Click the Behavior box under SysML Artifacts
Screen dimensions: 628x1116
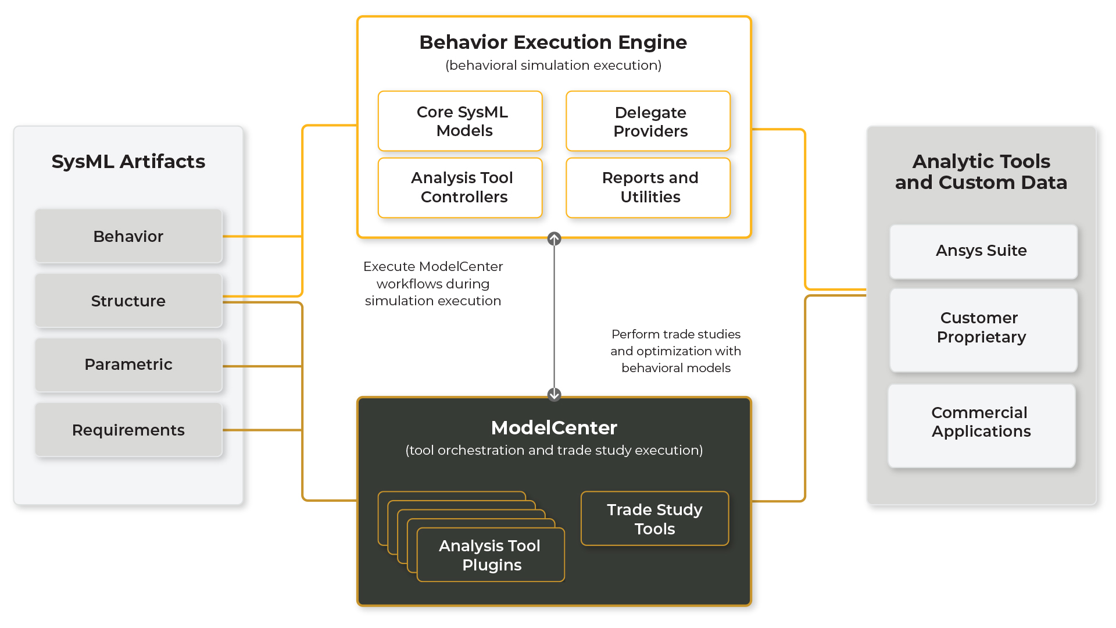pos(128,236)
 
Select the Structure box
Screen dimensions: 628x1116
pos(128,301)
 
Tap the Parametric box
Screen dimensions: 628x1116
pos(128,365)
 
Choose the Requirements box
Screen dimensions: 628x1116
pos(128,430)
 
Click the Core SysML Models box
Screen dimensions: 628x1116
pos(460,121)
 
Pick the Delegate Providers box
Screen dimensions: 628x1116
pos(648,121)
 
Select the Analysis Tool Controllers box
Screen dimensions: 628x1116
pos(460,187)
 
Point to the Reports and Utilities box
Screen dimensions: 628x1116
pos(648,187)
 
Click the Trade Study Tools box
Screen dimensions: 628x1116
pos(654,519)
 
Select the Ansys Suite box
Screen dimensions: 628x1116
pos(983,251)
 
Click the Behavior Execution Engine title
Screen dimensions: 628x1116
pos(553,42)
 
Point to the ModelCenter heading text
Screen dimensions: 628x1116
pos(554,428)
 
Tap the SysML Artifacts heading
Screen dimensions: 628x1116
pos(128,162)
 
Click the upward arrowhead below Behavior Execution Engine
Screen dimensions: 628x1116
pos(554,239)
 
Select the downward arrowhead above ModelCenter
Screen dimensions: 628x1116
pos(554,394)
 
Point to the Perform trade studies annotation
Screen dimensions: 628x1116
pos(675,351)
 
